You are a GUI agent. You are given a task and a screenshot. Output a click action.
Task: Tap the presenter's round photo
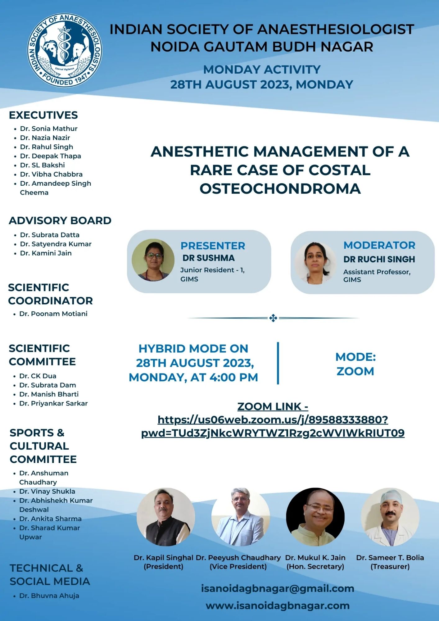[153, 260]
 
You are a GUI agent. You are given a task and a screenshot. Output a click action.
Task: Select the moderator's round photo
[315, 263]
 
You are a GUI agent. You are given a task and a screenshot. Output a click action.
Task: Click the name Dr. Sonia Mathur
[49, 129]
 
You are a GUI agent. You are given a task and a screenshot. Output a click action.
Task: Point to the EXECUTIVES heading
[43, 115]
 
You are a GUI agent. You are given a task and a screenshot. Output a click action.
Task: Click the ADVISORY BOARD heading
[60, 220]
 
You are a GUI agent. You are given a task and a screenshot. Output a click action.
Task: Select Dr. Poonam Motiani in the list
[53, 314]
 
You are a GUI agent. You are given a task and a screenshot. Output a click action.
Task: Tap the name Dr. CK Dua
[38, 376]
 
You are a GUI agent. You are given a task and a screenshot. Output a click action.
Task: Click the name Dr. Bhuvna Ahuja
[49, 596]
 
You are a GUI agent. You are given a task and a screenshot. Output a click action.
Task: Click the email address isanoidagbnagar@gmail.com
[277, 588]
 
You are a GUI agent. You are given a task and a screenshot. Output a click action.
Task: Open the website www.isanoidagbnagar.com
[277, 605]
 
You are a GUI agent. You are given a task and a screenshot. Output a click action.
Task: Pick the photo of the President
[165, 517]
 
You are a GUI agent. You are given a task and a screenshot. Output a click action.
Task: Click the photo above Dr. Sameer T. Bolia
[390, 517]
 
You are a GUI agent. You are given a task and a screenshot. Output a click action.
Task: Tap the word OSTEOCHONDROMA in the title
[280, 188]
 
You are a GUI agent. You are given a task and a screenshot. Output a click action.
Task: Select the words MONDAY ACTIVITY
[262, 70]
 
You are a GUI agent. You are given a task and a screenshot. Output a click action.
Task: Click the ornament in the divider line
[273, 318]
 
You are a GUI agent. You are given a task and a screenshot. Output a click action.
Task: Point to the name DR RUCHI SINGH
[379, 259]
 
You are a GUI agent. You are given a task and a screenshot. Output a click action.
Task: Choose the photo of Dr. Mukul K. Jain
[315, 517]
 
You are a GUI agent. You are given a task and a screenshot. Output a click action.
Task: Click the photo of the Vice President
[241, 517]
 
